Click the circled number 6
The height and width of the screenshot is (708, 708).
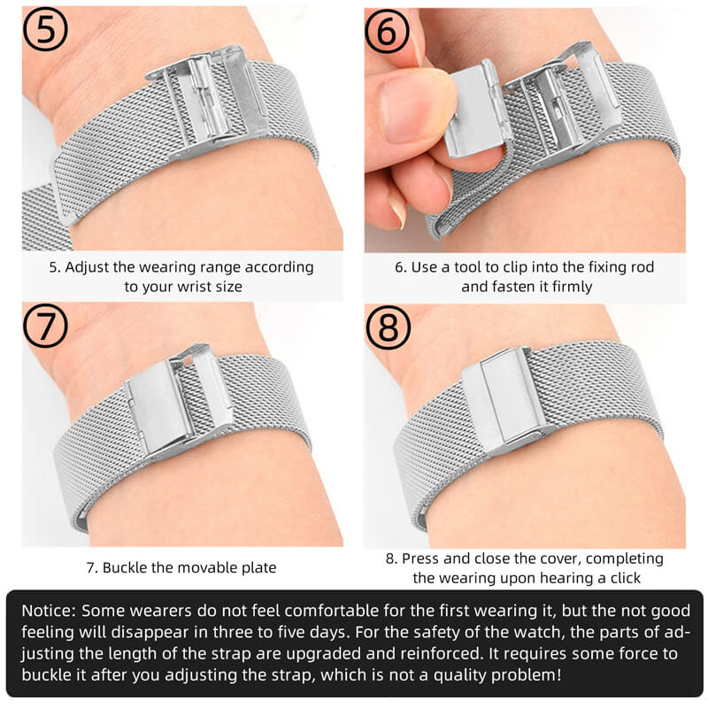[x=389, y=33]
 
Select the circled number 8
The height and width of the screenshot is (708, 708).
[x=389, y=327]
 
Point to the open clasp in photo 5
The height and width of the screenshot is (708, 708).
[x=209, y=102]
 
